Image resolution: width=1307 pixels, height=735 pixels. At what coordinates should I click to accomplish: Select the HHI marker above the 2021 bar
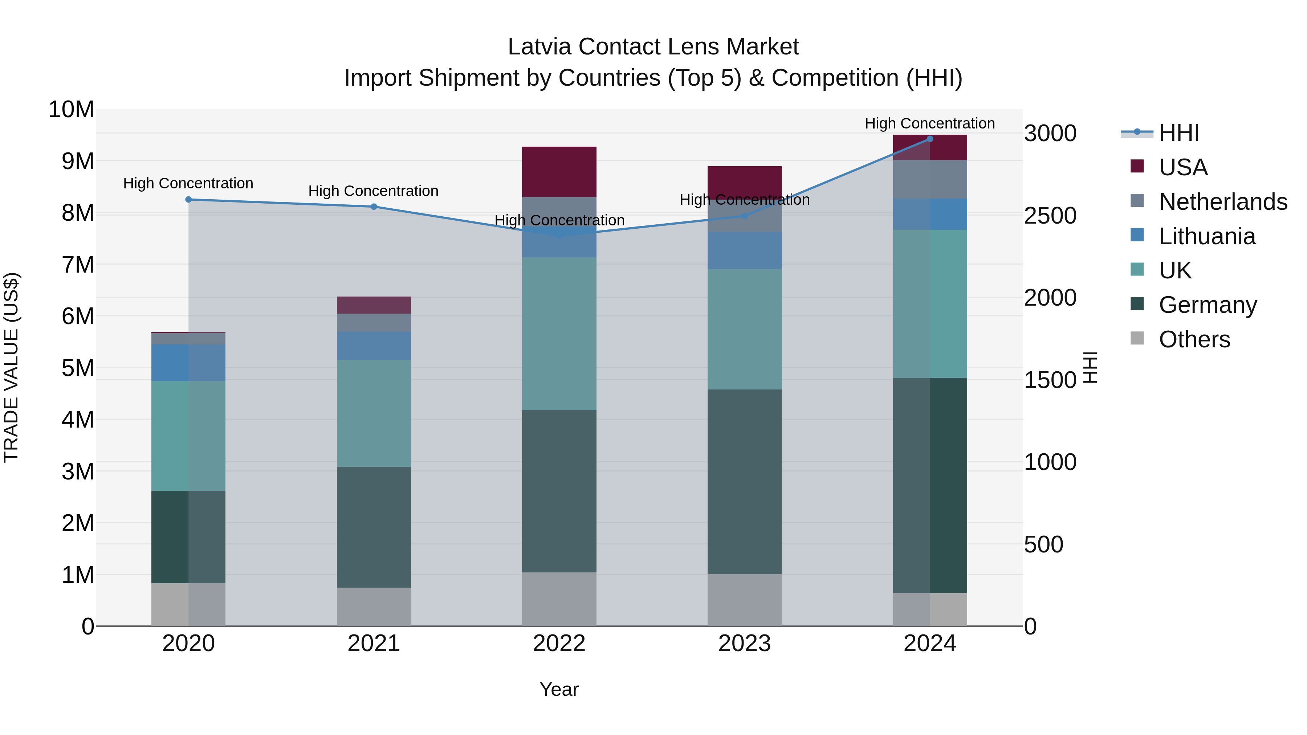(374, 207)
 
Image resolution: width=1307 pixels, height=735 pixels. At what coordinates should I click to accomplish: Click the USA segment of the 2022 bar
(559, 171)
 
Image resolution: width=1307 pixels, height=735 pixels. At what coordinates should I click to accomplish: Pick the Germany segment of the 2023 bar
(744, 482)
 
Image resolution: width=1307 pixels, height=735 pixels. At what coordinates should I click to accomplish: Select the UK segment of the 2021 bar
(374, 413)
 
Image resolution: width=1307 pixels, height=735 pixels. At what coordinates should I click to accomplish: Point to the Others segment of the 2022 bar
(559, 599)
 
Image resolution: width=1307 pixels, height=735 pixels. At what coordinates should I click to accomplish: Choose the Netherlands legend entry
(1223, 201)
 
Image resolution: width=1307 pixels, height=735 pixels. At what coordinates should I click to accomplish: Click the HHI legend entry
(1178, 133)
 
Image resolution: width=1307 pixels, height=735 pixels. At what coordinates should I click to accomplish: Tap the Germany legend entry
(1208, 305)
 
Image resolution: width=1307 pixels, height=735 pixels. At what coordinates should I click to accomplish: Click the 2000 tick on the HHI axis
(1050, 298)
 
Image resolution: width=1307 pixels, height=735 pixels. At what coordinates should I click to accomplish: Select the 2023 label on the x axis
(744, 644)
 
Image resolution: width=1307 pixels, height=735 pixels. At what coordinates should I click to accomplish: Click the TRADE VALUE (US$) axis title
(11, 367)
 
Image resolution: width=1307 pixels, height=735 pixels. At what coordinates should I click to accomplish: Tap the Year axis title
(559, 689)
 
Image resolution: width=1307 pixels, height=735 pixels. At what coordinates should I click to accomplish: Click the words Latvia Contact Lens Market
(653, 47)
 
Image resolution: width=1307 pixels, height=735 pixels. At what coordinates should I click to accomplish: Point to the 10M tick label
(71, 110)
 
